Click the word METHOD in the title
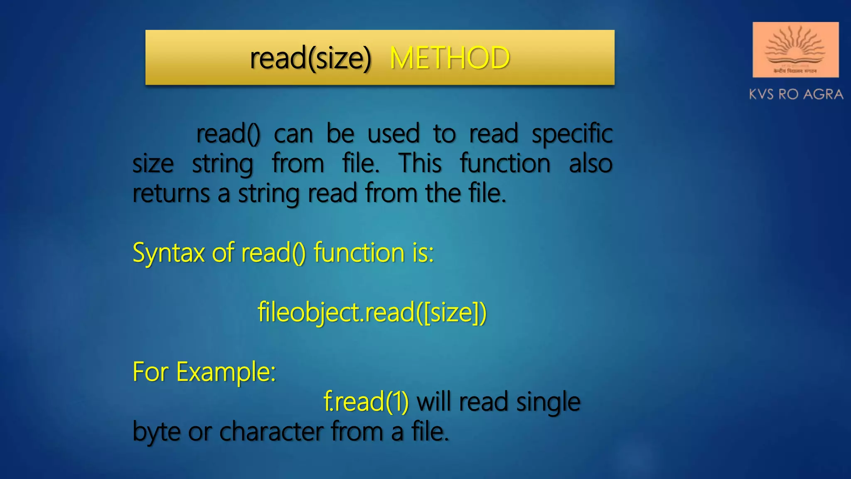point(450,58)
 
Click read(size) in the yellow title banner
point(310,58)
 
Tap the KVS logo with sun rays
point(795,50)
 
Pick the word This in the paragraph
point(420,163)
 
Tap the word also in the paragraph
point(590,163)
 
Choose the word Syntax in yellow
point(169,253)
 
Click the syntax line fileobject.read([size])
point(372,313)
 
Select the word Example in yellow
point(226,372)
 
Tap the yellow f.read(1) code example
point(366,402)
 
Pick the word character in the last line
point(271,432)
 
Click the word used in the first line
point(394,134)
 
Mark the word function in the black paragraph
point(505,163)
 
